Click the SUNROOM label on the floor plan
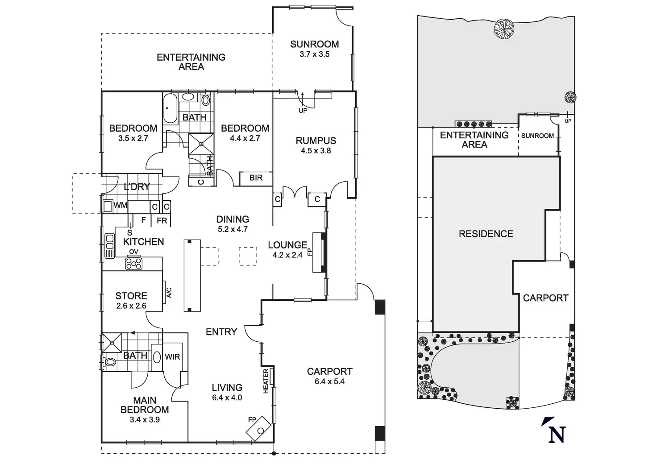click(314, 44)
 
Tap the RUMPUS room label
click(316, 141)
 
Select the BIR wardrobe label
click(256, 178)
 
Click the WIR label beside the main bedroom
click(172, 357)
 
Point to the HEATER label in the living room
click(266, 381)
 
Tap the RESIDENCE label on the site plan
click(486, 234)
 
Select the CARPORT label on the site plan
click(545, 298)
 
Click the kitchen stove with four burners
click(134, 264)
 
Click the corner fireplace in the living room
click(259, 429)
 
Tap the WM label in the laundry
click(121, 206)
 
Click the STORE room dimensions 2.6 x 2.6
click(131, 306)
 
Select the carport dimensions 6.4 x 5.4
click(329, 381)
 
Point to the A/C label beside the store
click(169, 293)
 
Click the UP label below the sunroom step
click(303, 110)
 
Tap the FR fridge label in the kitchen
click(162, 220)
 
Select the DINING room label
click(233, 219)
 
